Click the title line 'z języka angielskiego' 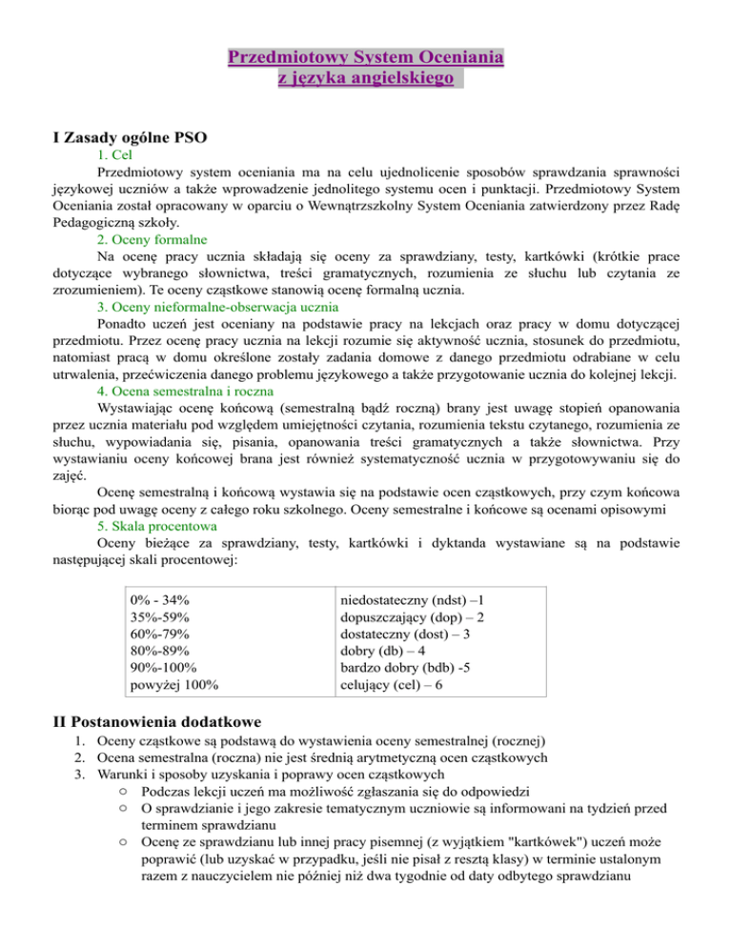point(366,82)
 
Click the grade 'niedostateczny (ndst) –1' point(415,600)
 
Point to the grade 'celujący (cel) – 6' point(392,685)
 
